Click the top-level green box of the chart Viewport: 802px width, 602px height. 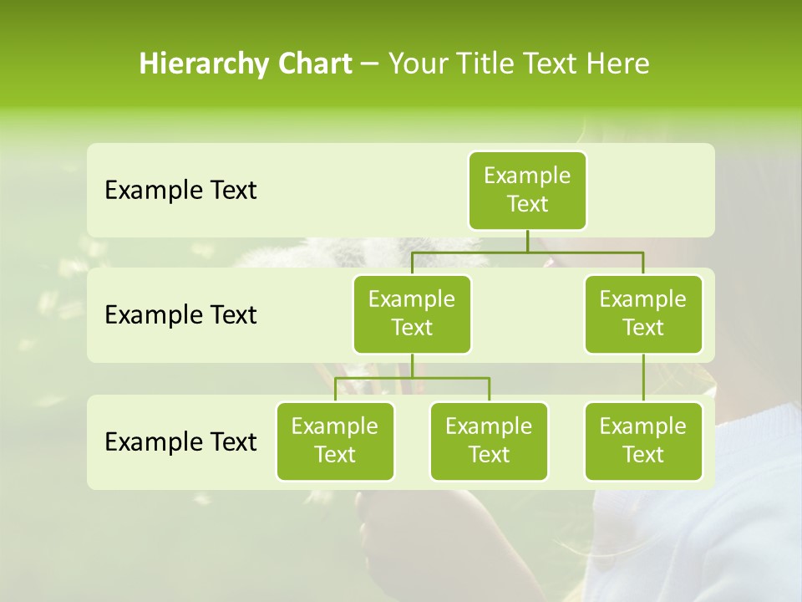[x=527, y=191]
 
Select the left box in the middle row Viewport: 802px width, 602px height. [x=412, y=314]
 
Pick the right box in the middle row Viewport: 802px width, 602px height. [x=643, y=314]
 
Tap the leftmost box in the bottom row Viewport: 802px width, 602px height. [x=335, y=441]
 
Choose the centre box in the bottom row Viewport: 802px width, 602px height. [x=489, y=441]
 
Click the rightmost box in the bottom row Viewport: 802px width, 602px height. [x=643, y=441]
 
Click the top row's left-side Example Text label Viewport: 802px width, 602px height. [x=180, y=191]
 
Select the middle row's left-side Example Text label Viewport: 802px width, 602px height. [x=180, y=315]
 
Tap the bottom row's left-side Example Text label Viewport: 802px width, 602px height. [x=180, y=441]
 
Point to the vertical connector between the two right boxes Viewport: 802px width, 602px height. [x=643, y=378]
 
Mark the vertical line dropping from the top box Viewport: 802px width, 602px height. [x=527, y=241]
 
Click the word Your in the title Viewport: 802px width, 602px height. [x=418, y=64]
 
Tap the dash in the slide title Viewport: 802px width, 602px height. [x=370, y=64]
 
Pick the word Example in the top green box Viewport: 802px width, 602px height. [x=527, y=176]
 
